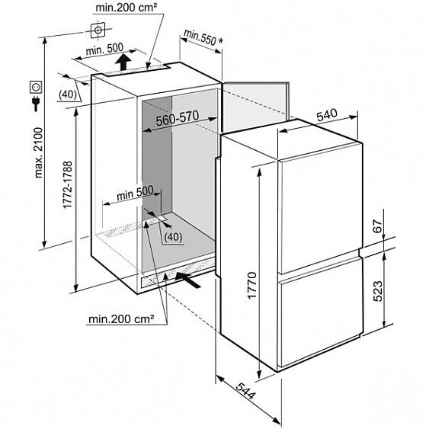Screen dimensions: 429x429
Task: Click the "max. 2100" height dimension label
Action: pos(39,152)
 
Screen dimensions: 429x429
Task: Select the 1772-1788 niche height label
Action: pos(67,184)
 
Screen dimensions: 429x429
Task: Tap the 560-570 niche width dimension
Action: pos(178,118)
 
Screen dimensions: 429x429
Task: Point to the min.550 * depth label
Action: pos(203,38)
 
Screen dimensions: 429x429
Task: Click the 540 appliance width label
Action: pos(327,115)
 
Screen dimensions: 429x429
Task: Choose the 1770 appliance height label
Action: pos(251,285)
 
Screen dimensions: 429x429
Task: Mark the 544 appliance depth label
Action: pos(245,391)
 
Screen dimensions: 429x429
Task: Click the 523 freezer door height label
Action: pos(377,291)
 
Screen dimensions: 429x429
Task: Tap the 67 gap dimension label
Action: pos(377,226)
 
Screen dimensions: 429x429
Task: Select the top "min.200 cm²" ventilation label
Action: pos(126,8)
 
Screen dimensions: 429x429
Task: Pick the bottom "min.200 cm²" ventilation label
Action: pos(121,319)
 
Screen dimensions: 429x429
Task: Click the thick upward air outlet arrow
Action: pos(123,62)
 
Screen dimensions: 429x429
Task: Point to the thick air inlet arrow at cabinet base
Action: pos(188,280)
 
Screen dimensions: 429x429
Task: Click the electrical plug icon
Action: pos(36,103)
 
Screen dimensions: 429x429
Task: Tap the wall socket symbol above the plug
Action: pos(36,88)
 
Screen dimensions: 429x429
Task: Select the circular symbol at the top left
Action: pos(98,30)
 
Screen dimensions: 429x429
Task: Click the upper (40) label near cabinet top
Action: pos(68,94)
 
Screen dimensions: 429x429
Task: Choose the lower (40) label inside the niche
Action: pos(173,237)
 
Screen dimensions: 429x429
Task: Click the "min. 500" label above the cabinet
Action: pos(104,50)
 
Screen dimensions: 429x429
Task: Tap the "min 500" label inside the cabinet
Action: pos(135,194)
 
